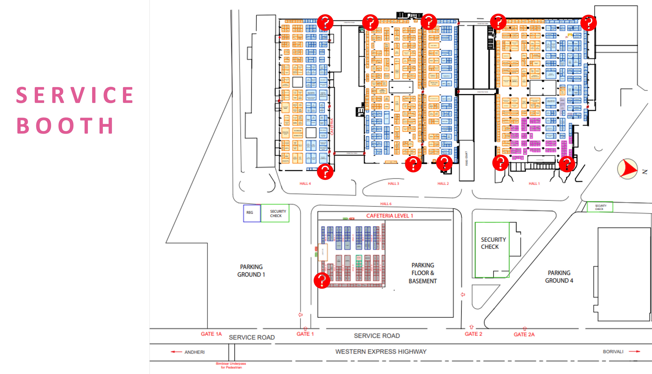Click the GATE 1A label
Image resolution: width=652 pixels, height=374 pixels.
[211, 334]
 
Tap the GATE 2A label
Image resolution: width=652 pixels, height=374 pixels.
[524, 334]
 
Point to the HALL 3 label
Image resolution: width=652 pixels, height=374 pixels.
[393, 183]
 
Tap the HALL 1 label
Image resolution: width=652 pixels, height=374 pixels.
[534, 183]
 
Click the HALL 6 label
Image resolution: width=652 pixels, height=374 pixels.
[386, 204]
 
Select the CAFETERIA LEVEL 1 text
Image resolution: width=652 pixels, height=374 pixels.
[389, 216]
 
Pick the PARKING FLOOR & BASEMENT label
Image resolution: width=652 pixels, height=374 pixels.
[423, 273]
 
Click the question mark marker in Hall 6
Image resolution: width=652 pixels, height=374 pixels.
[322, 280]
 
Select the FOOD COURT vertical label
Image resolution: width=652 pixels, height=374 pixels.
[466, 159]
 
